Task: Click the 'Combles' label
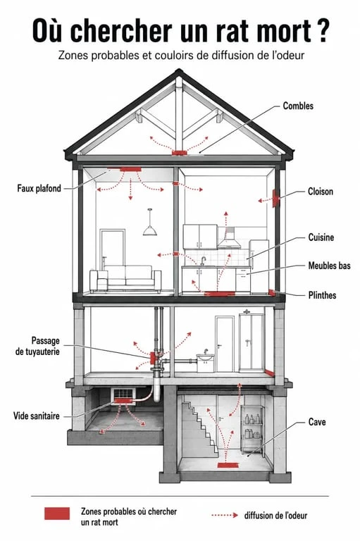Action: pyautogui.click(x=298, y=106)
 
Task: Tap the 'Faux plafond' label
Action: pyautogui.click(x=39, y=188)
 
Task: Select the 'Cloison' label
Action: pyautogui.click(x=321, y=192)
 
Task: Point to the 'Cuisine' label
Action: pyautogui.click(x=321, y=237)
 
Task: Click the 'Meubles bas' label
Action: pyautogui.click(x=329, y=266)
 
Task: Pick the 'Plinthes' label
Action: pyautogui.click(x=322, y=295)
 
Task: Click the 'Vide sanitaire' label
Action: pyautogui.click(x=36, y=416)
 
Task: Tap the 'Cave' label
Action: pyautogui.click(x=317, y=422)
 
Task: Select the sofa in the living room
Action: pyautogui.click(x=125, y=278)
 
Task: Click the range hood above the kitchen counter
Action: pyautogui.click(x=228, y=238)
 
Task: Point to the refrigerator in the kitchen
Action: pyautogui.click(x=259, y=266)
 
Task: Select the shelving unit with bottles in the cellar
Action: pyautogui.click(x=253, y=430)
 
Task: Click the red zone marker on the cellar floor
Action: pyautogui.click(x=228, y=466)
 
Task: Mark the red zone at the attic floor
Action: pyautogui.click(x=180, y=152)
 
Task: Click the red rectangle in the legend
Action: pyautogui.click(x=57, y=514)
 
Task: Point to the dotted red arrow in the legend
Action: pyautogui.click(x=225, y=515)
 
